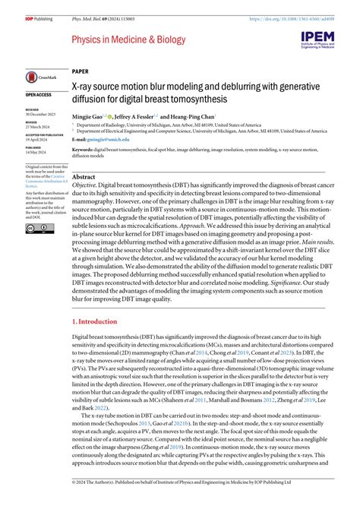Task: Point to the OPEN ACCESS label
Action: pos(39,95)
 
